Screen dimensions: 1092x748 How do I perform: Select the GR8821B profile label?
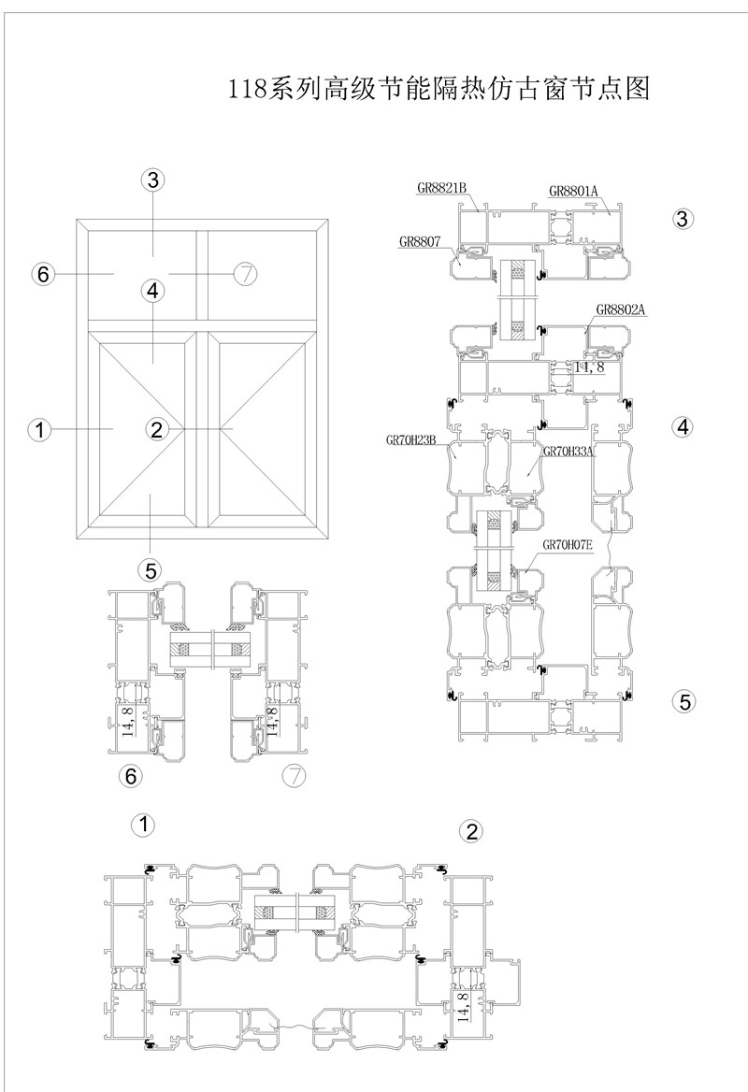pos(442,187)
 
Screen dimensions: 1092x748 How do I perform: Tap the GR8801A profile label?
pos(573,191)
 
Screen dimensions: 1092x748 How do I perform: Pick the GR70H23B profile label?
pos(411,438)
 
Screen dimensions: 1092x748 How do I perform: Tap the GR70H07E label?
pos(568,545)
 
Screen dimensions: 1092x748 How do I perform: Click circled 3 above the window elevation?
pos(154,180)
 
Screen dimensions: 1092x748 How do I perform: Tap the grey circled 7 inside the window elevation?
pos(245,274)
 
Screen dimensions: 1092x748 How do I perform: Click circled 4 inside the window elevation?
pos(154,291)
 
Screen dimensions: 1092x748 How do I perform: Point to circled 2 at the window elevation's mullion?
pos(157,429)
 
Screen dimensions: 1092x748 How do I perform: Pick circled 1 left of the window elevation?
pos(40,430)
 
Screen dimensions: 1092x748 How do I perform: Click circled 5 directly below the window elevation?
pos(151,568)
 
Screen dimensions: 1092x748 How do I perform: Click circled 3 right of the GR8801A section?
pos(683,219)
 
